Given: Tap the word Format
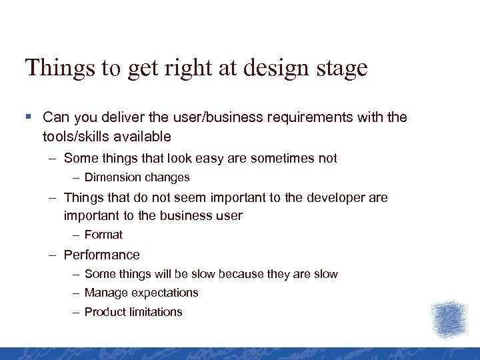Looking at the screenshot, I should point(103,235).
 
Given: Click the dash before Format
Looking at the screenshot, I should point(77,235).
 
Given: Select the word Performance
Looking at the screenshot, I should point(101,255).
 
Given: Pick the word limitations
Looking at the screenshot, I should point(157,312).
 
